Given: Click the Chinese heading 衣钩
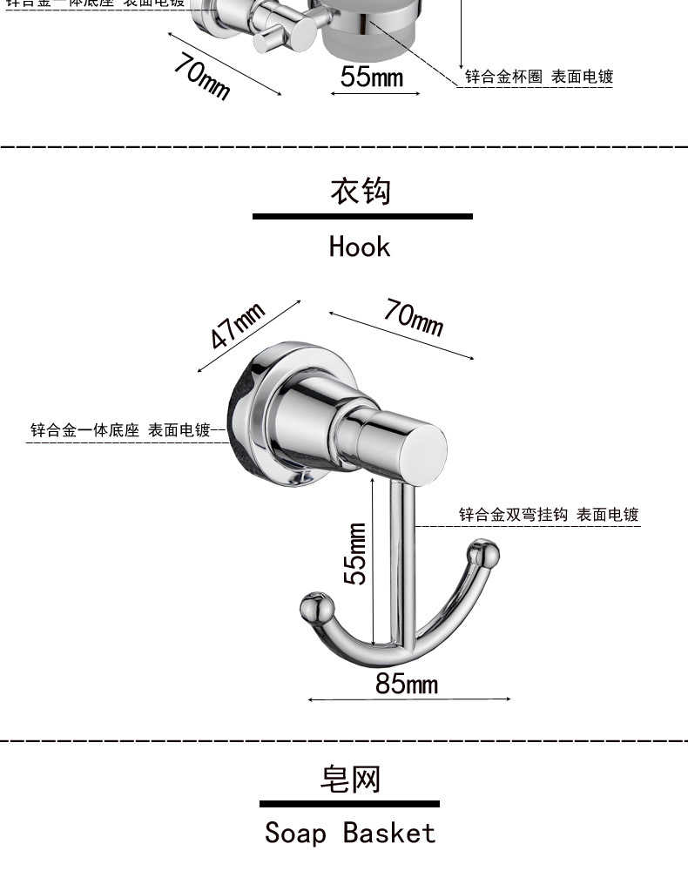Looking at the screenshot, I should click(x=360, y=190).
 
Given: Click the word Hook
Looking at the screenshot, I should click(x=360, y=246).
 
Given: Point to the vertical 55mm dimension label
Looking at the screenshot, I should click(x=355, y=554).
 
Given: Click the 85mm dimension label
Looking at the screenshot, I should click(x=407, y=684).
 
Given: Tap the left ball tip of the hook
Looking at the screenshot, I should click(x=315, y=608).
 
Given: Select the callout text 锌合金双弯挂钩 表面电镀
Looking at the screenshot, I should click(x=549, y=515).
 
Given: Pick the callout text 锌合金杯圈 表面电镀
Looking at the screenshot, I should click(x=538, y=77).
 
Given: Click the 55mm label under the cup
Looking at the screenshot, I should click(x=372, y=77).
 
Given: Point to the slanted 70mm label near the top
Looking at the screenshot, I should click(x=202, y=76).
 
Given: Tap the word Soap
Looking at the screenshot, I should click(x=295, y=833).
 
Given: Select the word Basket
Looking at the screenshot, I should click(x=388, y=833).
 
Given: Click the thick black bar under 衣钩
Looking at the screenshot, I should click(x=362, y=216).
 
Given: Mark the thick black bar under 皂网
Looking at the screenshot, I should click(x=349, y=804).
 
